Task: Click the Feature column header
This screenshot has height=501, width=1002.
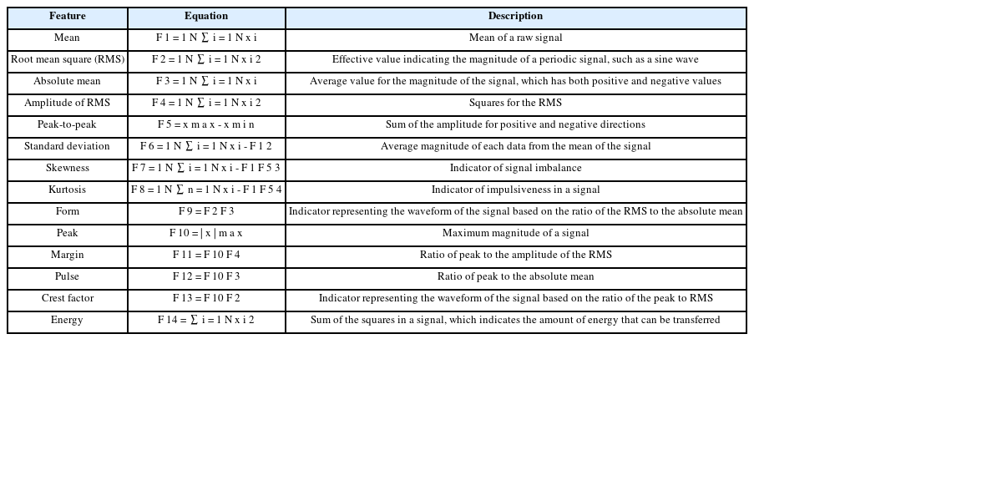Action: [x=68, y=17]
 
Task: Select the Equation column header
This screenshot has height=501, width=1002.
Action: [x=206, y=17]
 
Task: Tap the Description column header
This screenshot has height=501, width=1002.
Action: [x=515, y=17]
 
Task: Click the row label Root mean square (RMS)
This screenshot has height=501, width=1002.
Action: [x=68, y=60]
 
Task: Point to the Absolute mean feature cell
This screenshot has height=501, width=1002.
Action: [x=67, y=82]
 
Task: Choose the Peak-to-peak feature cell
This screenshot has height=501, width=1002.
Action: [x=67, y=125]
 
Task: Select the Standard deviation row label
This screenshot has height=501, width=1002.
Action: [x=67, y=147]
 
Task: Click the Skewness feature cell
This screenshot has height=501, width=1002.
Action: [x=68, y=169]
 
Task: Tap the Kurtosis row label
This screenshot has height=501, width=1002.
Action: [x=67, y=190]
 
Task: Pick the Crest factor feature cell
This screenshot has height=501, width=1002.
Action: [x=68, y=299]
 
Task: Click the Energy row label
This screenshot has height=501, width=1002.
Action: [x=67, y=321]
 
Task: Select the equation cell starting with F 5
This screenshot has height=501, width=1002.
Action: [x=206, y=125]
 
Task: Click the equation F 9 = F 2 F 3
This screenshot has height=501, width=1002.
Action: [x=206, y=212]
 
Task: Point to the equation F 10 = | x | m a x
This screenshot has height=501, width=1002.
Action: [x=206, y=234]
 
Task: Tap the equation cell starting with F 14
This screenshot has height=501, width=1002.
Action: [x=206, y=321]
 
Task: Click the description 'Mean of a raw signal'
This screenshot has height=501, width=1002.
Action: [x=515, y=38]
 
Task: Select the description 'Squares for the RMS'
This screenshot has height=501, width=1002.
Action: [x=515, y=104]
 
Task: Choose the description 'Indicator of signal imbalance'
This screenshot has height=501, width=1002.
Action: [x=515, y=169]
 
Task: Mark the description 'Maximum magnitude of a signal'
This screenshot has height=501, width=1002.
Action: [x=515, y=234]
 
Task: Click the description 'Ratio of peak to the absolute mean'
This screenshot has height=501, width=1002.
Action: [x=515, y=277]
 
